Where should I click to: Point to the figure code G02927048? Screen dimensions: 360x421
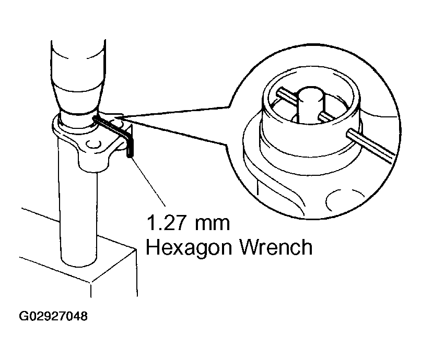click(53, 317)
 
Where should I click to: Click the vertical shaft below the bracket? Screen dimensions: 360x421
click(79, 209)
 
